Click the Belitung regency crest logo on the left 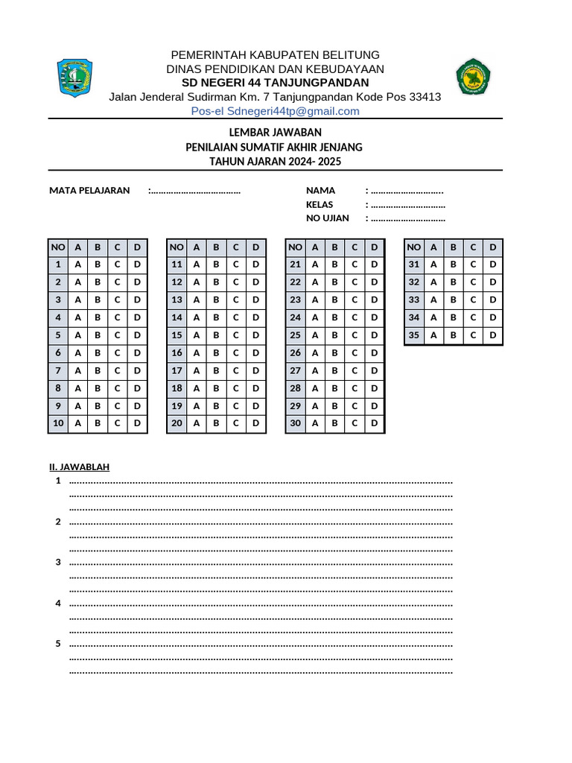74,77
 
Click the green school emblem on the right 474,77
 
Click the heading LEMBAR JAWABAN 274,132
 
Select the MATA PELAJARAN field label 89,190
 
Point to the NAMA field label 320,190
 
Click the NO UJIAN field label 328,218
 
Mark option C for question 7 117,370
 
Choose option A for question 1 77,265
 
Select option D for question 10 137,424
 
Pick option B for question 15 216,335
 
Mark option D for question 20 255,424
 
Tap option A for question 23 315,300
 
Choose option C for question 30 355,424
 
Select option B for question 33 454,300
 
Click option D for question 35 492,335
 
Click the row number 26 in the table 295,353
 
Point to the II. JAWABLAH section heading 79,467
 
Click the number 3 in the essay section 58,562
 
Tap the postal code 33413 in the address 425,97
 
